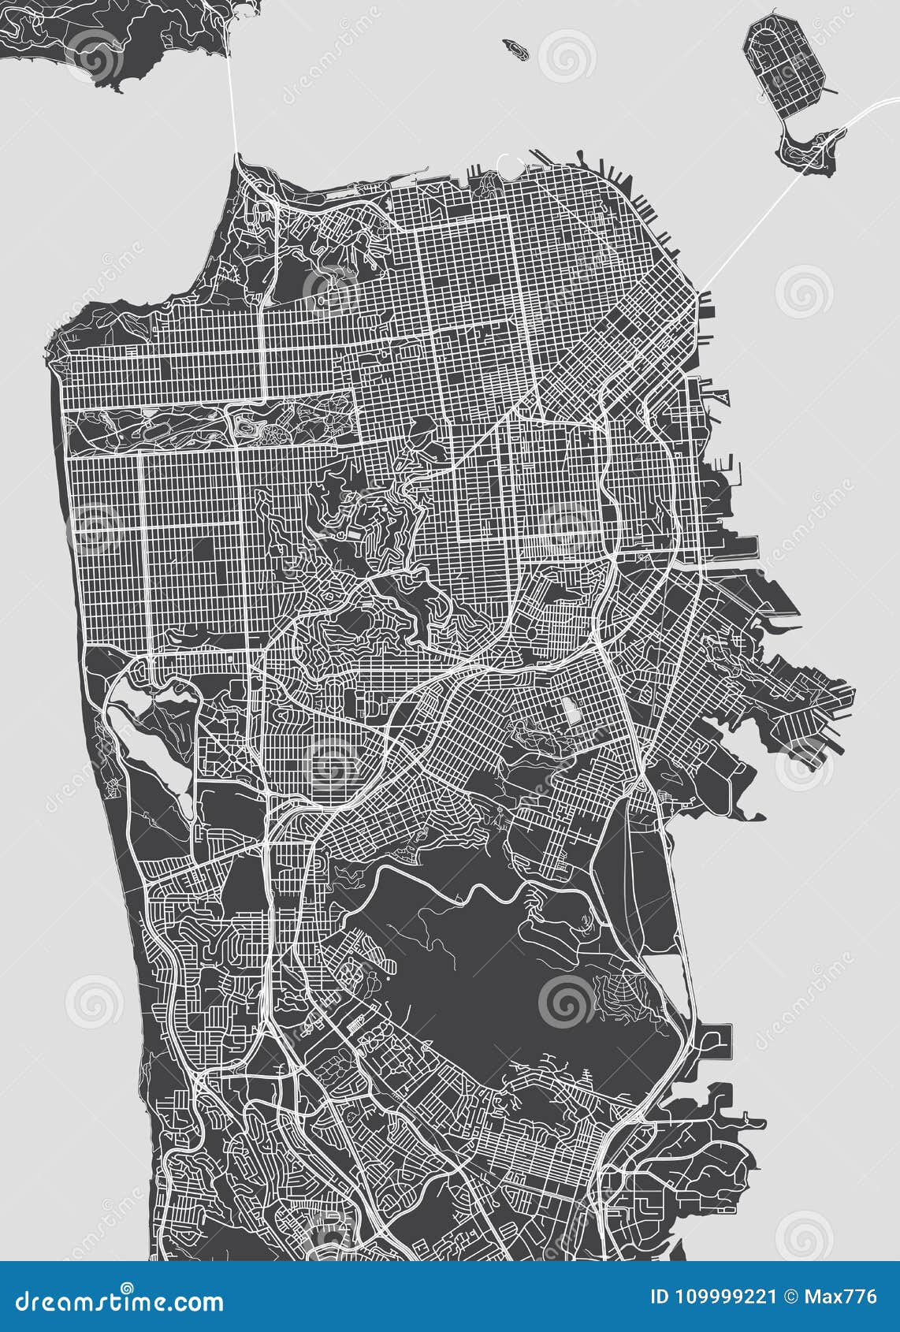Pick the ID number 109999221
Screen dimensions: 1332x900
[x=738, y=1297]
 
